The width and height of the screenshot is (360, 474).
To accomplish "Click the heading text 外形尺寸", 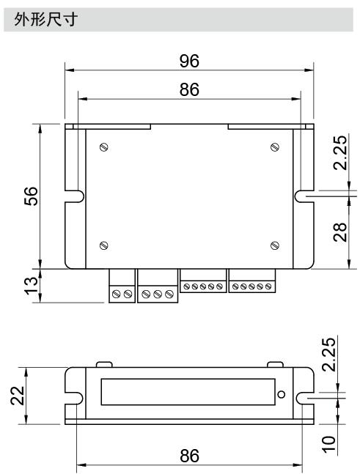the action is [x=45, y=19].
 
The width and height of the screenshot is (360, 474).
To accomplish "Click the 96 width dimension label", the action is [x=189, y=61].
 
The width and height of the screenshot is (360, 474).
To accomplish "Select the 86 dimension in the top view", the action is [x=189, y=90].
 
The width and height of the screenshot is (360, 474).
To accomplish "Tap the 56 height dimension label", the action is [x=31, y=196].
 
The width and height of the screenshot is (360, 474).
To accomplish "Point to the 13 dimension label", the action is [x=31, y=286].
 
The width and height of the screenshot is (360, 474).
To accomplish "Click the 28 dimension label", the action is [x=340, y=232].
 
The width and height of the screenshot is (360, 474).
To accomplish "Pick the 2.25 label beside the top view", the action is [x=340, y=152].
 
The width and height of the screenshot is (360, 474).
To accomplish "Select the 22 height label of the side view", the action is [x=18, y=396].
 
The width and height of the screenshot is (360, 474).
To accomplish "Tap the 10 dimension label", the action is [x=329, y=444].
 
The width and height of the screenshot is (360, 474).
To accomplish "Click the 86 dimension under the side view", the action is [x=190, y=456].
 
